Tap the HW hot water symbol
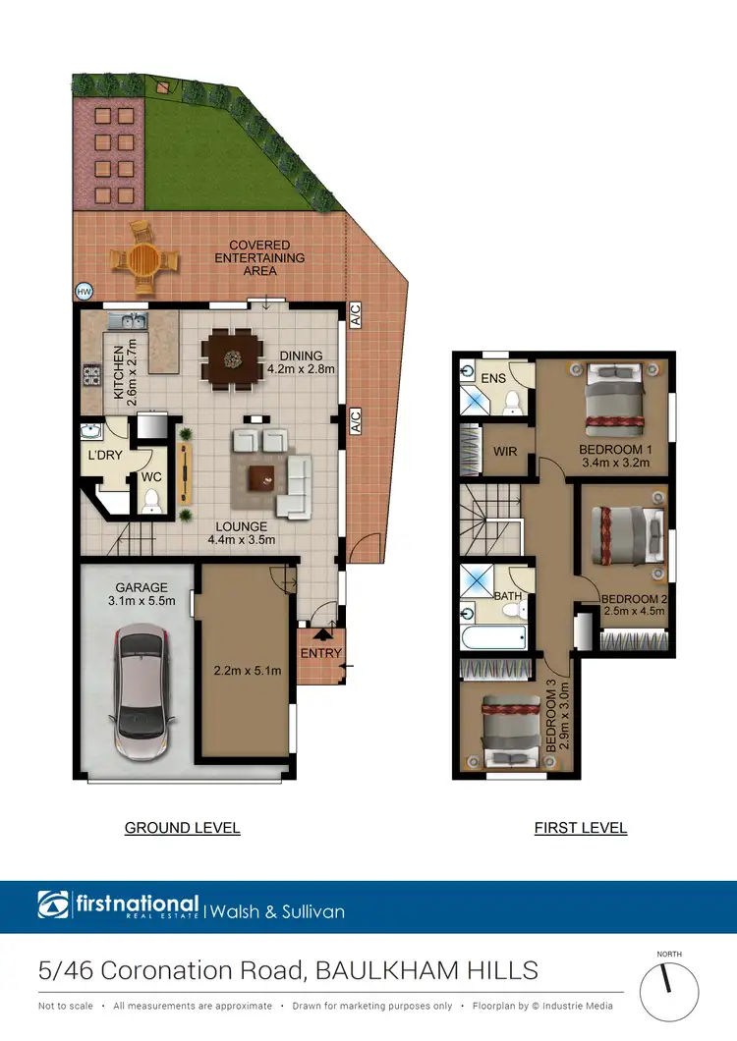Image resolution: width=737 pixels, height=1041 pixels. [84, 292]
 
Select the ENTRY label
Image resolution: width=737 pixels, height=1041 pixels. [321, 653]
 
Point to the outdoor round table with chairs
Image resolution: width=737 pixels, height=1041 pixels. [144, 259]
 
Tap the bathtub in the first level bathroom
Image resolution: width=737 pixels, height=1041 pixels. [493, 638]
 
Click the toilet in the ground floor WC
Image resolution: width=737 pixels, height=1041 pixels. [151, 503]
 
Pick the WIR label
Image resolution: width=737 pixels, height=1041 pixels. [505, 451]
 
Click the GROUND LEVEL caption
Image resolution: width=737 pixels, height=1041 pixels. [182, 828]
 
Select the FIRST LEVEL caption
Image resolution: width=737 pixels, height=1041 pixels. [581, 828]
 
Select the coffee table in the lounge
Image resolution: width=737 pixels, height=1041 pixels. [262, 477]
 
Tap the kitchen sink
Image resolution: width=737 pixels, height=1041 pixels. [128, 320]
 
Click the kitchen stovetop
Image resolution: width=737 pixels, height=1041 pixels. [92, 374]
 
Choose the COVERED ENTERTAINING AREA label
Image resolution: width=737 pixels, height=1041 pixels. [259, 257]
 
